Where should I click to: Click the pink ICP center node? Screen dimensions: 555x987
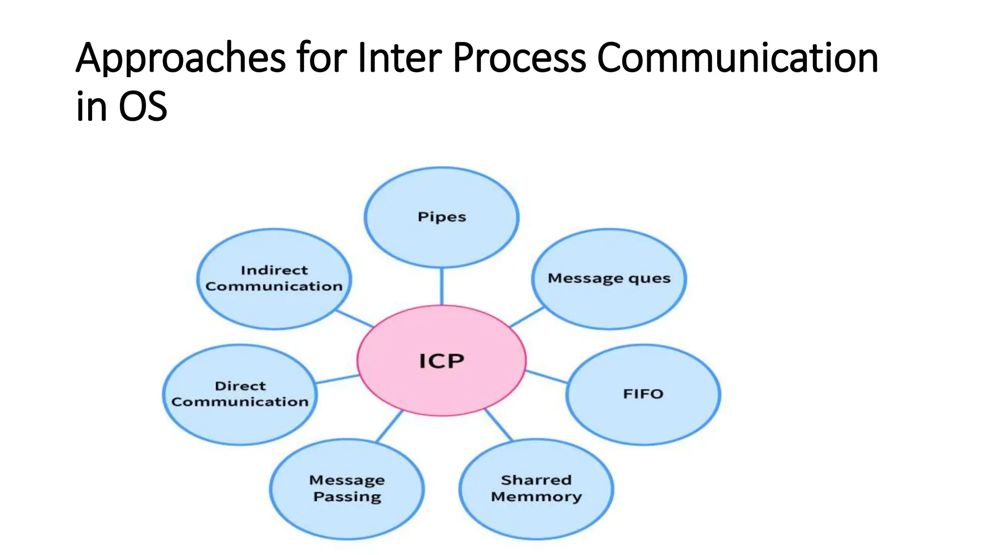(441, 360)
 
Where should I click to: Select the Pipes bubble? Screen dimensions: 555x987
(441, 217)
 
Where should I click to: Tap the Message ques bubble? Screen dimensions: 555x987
(609, 278)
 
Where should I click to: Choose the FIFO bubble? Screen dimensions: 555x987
(643, 394)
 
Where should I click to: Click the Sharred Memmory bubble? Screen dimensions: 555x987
(536, 489)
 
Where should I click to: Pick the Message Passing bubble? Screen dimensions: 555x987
(347, 489)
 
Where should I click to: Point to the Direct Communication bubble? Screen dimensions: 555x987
(240, 394)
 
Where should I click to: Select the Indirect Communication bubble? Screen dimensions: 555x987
(274, 278)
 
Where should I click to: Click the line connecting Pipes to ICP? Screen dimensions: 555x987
(441, 286)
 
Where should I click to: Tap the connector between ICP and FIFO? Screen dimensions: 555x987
(546, 377)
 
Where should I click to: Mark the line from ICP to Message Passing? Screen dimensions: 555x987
(389, 426)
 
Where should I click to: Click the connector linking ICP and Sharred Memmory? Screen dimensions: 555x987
(498, 425)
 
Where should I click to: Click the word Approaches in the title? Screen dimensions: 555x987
(181, 58)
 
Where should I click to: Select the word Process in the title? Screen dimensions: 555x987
(519, 57)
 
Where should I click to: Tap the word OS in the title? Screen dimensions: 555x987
(143, 106)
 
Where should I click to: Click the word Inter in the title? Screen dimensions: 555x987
(400, 57)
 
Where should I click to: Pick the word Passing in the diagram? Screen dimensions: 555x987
(347, 497)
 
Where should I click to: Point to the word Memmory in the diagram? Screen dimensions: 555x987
(536, 497)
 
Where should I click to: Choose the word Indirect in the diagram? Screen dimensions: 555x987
(274, 270)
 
